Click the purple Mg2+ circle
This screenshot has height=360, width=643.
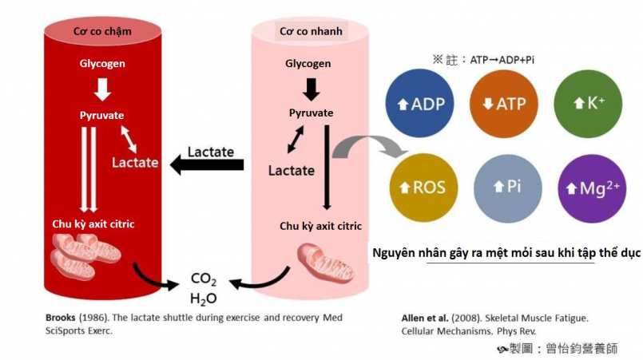[x=592, y=188]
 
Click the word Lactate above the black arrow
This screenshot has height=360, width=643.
[x=210, y=151]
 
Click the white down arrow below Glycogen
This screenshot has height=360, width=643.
[x=101, y=88]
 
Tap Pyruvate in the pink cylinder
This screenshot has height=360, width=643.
[x=311, y=113]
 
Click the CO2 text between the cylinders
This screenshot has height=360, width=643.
[x=204, y=279]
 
